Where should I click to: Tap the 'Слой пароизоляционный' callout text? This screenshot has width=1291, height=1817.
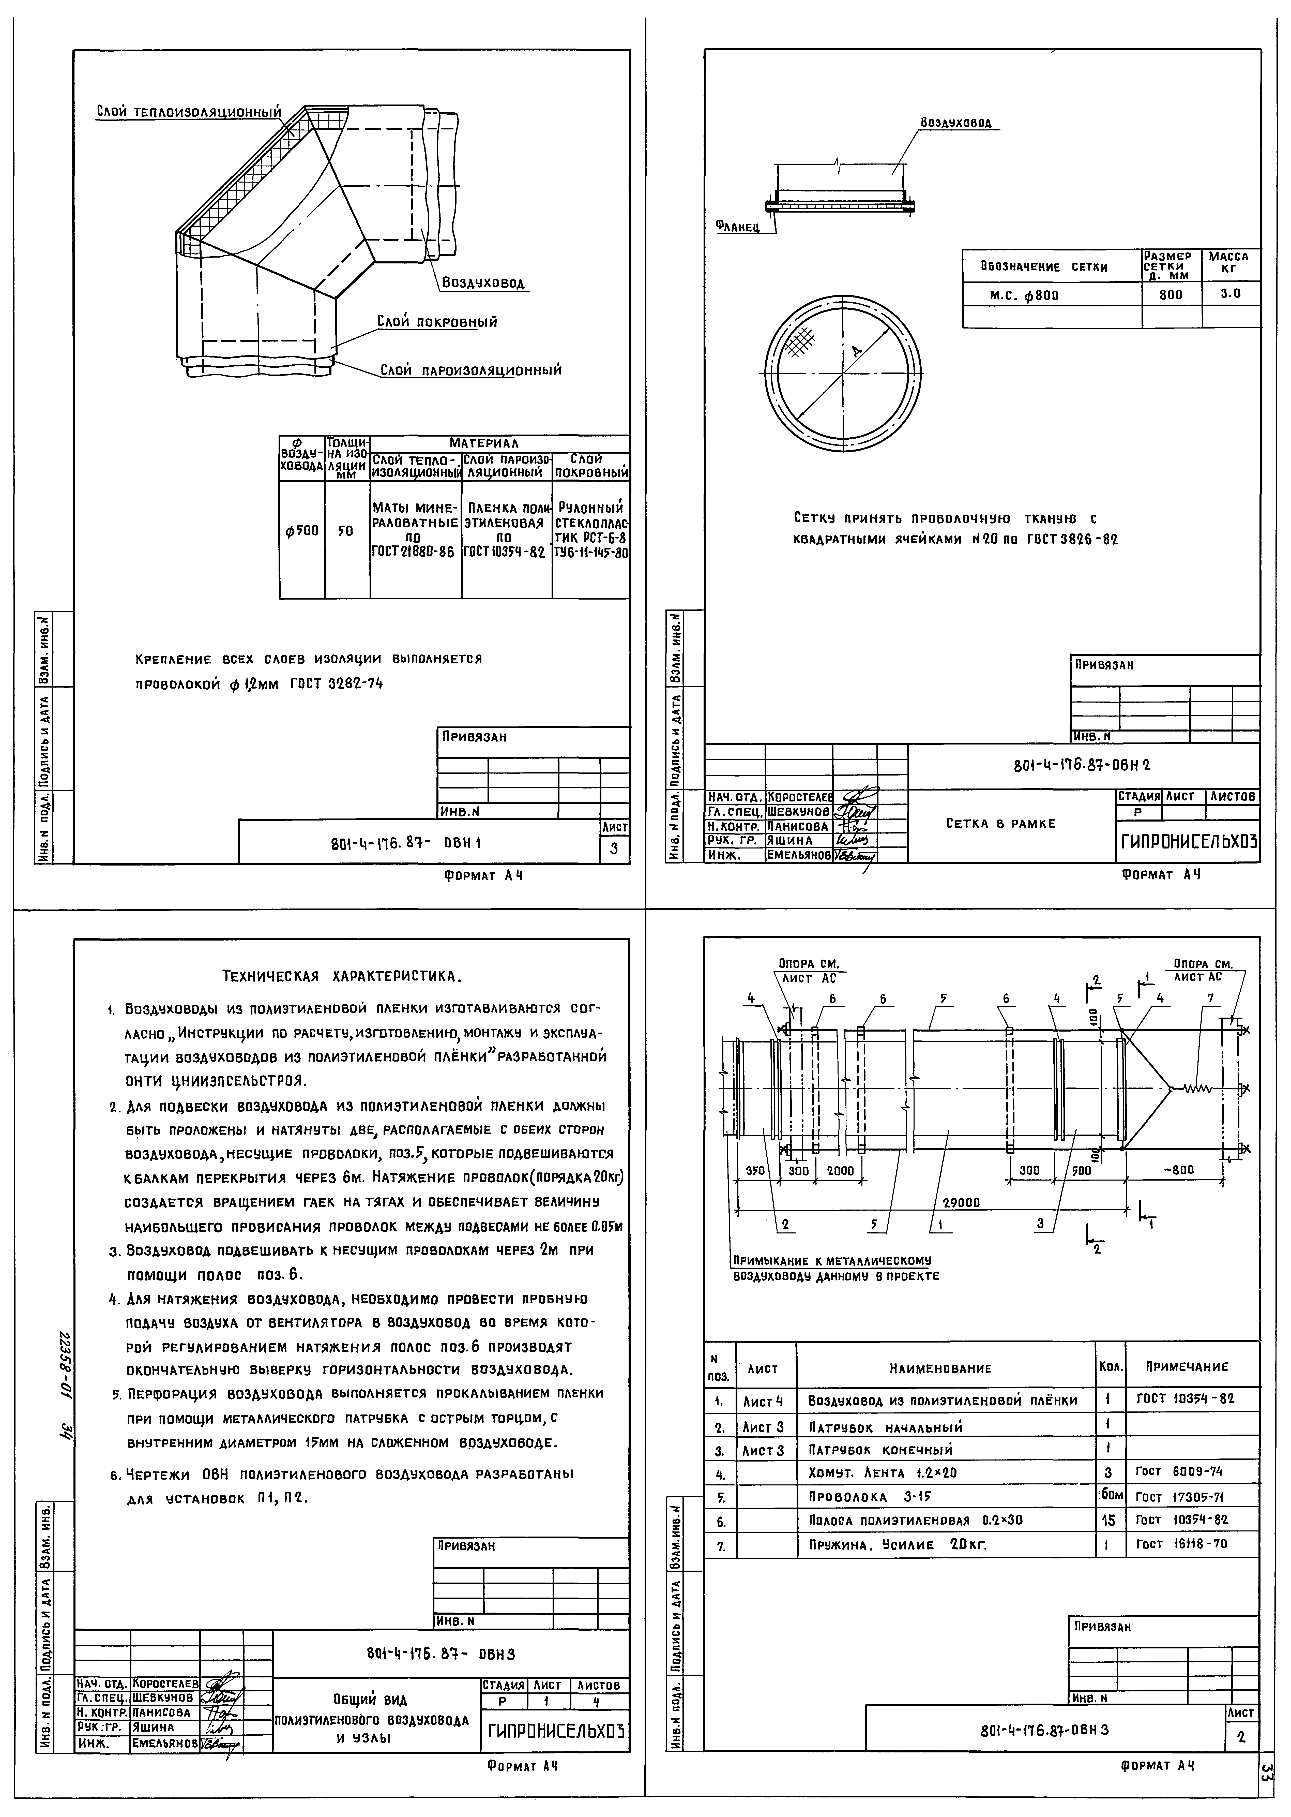[x=470, y=370]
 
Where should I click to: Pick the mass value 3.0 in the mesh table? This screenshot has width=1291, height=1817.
[x=1230, y=293]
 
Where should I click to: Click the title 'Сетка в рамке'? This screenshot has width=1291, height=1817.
[x=1001, y=824]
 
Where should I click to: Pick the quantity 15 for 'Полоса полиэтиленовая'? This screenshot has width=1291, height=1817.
[x=1110, y=1520]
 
